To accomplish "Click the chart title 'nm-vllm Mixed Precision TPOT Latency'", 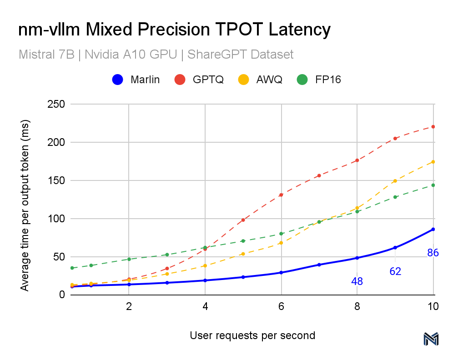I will click(x=174, y=30).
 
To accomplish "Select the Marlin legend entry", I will click(x=136, y=80).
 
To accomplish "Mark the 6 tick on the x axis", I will click(x=281, y=307).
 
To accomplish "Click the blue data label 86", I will click(x=433, y=253).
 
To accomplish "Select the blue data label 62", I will click(x=395, y=272).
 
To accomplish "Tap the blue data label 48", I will click(x=357, y=282).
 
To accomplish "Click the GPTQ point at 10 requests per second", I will click(x=433, y=126).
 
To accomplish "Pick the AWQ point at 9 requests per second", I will click(x=395, y=181).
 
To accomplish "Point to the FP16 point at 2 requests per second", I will click(x=129, y=259).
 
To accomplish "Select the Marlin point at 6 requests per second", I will click(x=281, y=273).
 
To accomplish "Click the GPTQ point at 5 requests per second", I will click(x=243, y=220).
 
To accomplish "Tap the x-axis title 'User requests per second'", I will click(x=252, y=336).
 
